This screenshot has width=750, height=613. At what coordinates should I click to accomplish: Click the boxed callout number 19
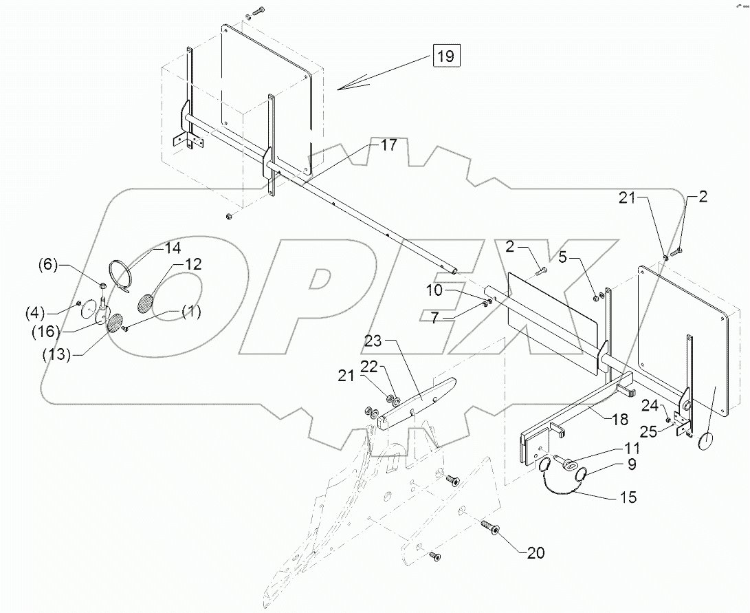445,56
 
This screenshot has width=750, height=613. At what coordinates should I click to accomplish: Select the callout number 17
388,145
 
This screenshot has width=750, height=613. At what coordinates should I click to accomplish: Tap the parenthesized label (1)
190,312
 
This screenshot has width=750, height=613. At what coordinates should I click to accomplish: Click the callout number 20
536,552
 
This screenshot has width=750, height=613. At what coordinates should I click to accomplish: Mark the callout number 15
628,496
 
